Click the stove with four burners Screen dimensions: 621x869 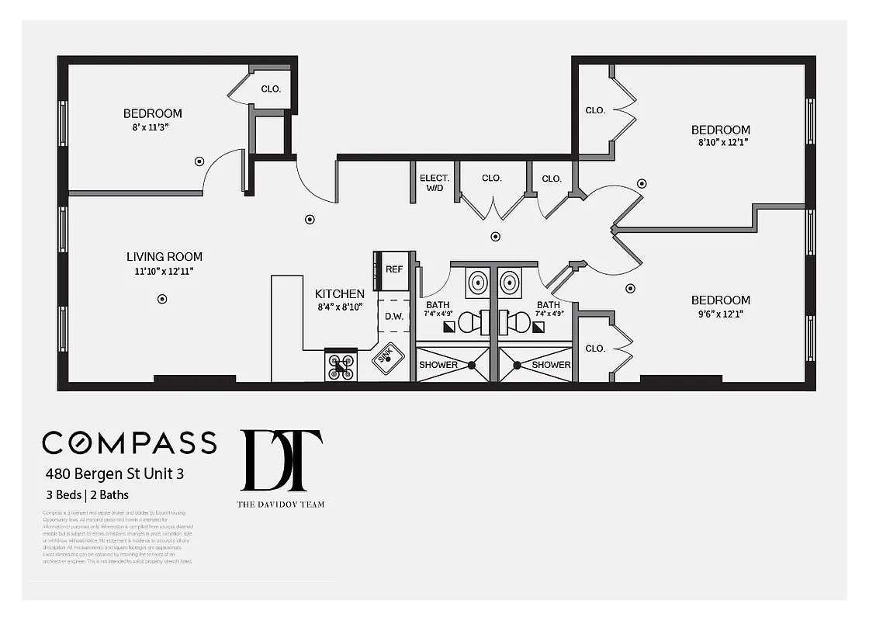tap(341, 366)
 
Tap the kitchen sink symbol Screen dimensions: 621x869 tap(389, 358)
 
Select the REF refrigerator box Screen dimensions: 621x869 tap(394, 269)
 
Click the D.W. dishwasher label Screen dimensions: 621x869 tap(393, 316)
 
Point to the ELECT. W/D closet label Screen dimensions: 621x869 tap(434, 182)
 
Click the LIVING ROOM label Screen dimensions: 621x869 tap(164, 257)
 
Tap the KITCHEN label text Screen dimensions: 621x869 tap(339, 294)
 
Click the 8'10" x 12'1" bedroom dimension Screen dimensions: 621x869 tap(720, 142)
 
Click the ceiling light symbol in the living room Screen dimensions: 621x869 tap(162, 298)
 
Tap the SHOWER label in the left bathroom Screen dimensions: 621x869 tap(438, 365)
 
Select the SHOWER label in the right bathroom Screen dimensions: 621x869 tap(552, 365)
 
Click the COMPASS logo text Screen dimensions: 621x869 tap(130, 442)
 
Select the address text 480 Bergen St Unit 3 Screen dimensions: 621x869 tap(114, 473)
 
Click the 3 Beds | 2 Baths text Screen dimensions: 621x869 tap(87, 494)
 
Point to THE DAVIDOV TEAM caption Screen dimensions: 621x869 tap(281, 505)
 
